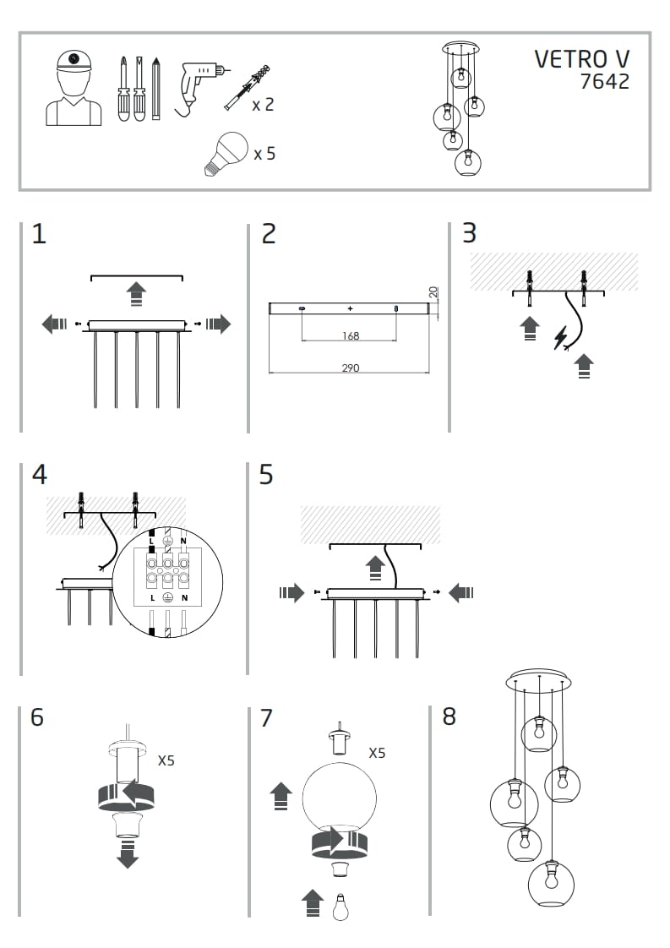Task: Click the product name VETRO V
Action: (581, 59)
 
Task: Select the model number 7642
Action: (604, 83)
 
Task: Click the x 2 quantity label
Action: (263, 105)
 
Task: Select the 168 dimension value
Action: (351, 336)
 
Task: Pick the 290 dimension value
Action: (351, 368)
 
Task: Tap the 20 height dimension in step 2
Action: (433, 292)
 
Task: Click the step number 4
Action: (39, 475)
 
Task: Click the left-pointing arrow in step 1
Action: (55, 324)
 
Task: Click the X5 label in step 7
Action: (377, 752)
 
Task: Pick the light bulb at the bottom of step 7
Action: (340, 907)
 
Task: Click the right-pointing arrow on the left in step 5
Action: (291, 593)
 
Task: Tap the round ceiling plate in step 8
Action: (538, 680)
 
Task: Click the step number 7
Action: (266, 718)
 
